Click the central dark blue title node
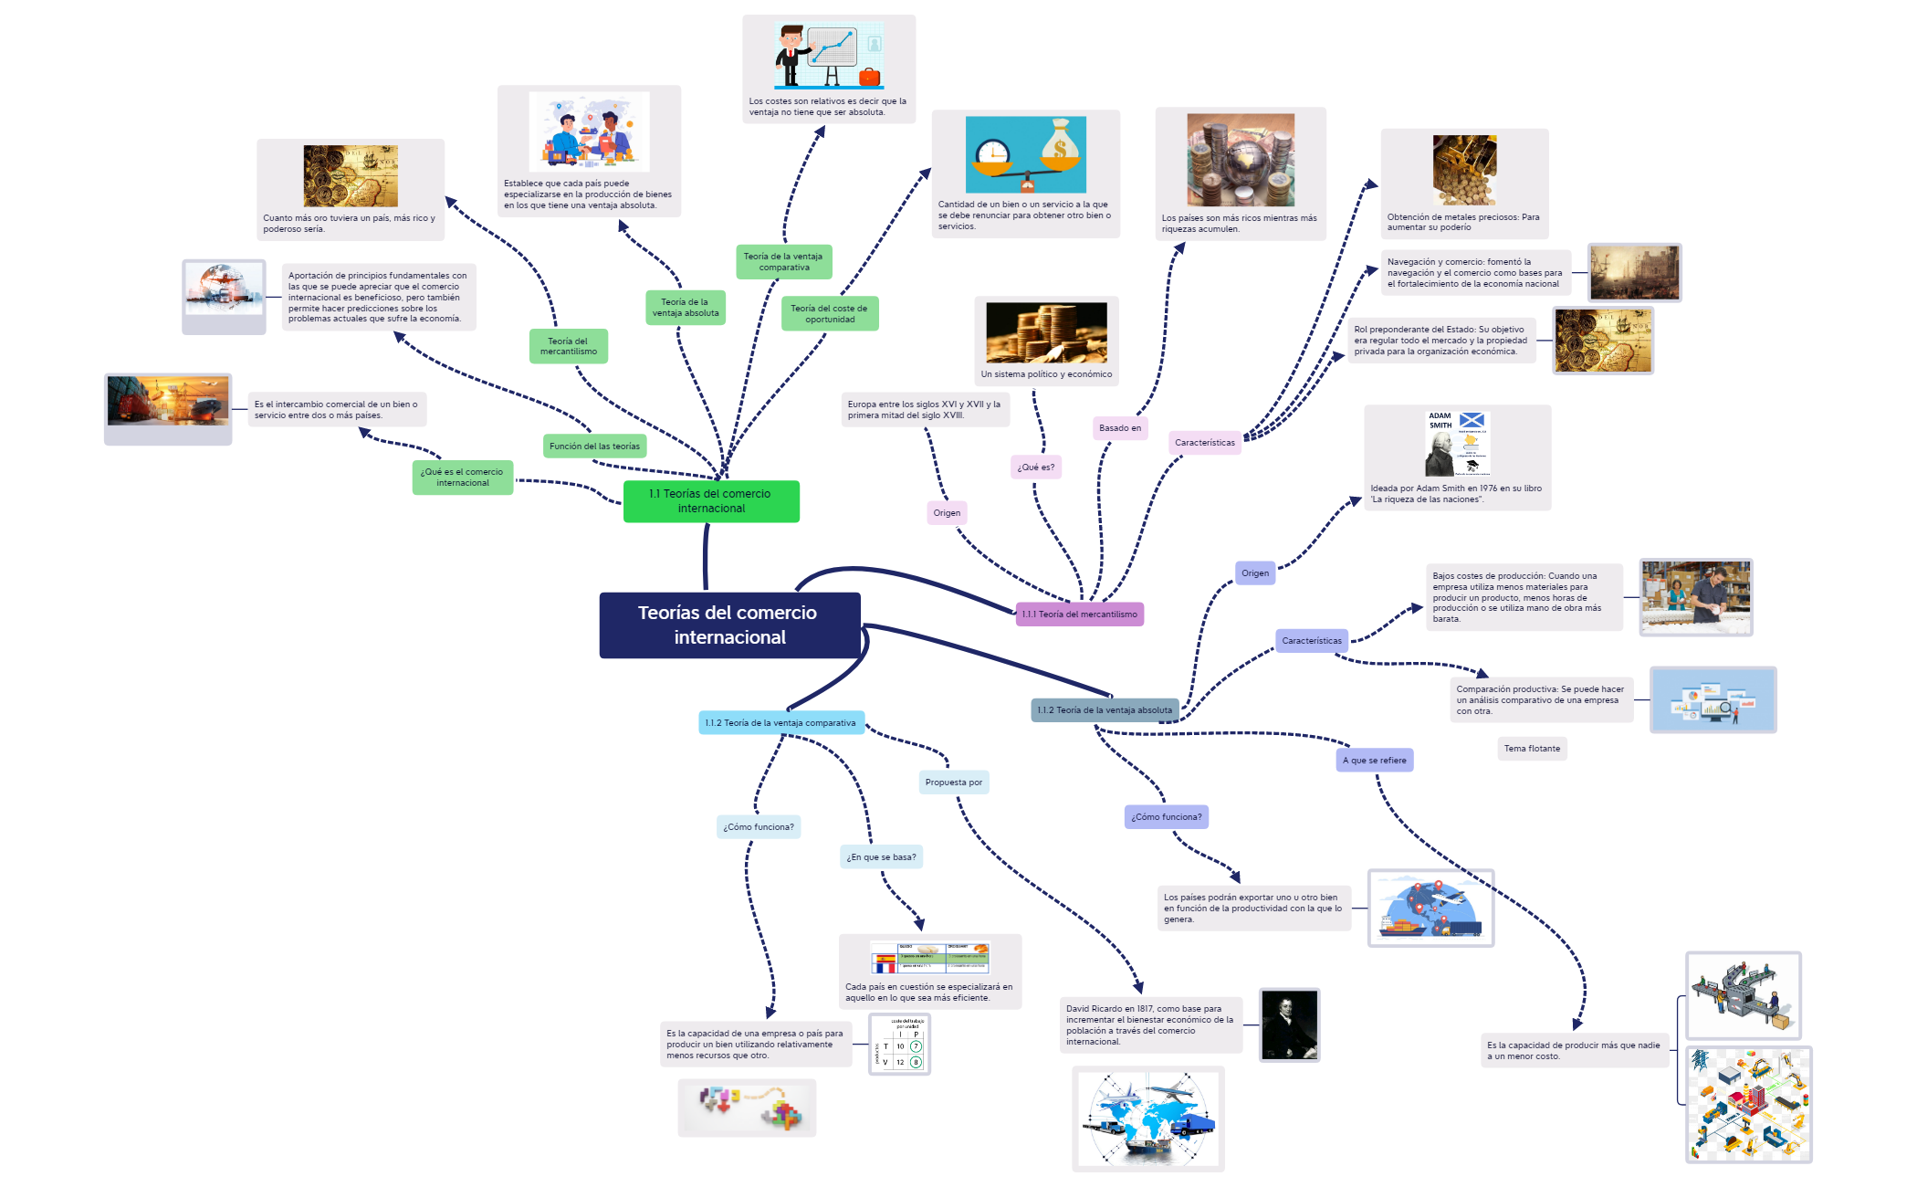click(x=728, y=625)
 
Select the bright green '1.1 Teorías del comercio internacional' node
click(x=710, y=501)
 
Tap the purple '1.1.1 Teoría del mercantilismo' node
click(x=1079, y=615)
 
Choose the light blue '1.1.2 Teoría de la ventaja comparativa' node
click(x=780, y=723)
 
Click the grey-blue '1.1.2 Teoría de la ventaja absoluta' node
click(x=1104, y=710)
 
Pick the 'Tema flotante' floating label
click(x=1532, y=749)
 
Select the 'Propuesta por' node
click(x=953, y=783)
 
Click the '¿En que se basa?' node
click(x=881, y=857)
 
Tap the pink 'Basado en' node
click(x=1119, y=428)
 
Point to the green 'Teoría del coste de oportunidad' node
click(x=829, y=314)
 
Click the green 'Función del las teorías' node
click(x=594, y=446)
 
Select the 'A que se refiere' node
click(x=1374, y=761)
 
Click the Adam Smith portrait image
click(x=1457, y=444)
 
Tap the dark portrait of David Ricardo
click(x=1289, y=1024)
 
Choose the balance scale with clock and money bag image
click(x=1025, y=154)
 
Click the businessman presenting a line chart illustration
click(x=828, y=55)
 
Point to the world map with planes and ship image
click(x=1147, y=1119)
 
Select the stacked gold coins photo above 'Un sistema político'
click(x=1046, y=333)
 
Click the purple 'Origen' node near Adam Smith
click(x=1254, y=573)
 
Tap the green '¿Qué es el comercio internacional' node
click(x=462, y=478)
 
